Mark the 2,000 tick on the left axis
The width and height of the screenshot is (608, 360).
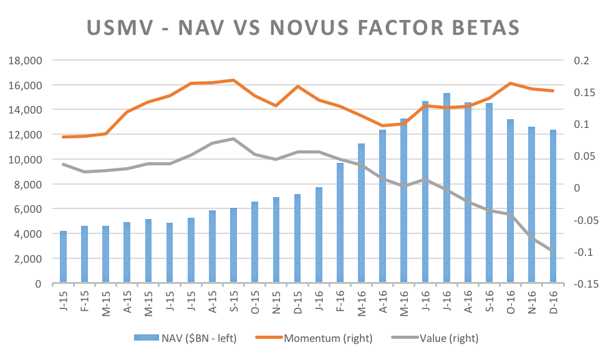(x=27, y=259)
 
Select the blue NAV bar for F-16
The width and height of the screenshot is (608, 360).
(x=340, y=223)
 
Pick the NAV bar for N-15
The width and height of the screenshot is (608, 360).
(x=276, y=240)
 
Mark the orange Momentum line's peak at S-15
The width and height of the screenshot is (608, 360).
(x=233, y=80)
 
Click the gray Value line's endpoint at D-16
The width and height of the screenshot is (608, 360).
(x=553, y=251)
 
